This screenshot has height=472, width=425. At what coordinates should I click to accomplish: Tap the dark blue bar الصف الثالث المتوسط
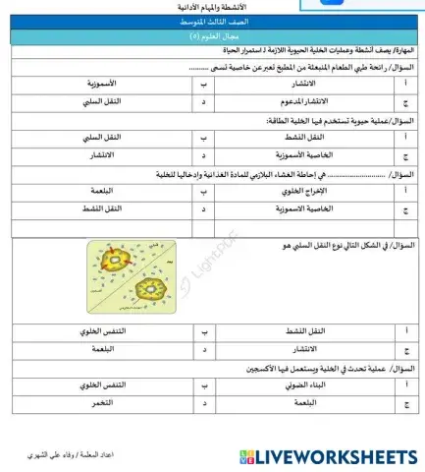tap(212, 21)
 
